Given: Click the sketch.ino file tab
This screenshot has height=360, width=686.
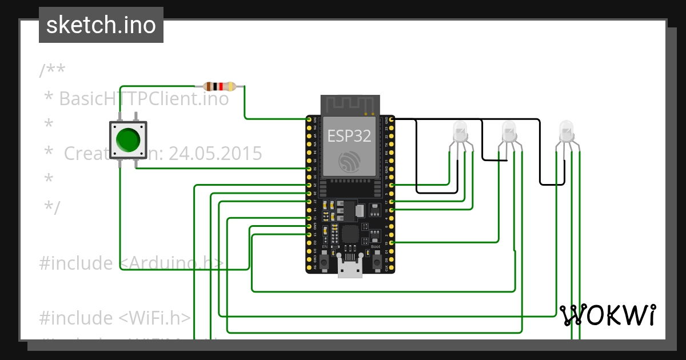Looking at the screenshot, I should coord(101,25).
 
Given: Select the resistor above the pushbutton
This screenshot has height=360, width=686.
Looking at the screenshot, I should coord(220,87).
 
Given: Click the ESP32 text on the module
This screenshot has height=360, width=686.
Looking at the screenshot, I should coord(349,136).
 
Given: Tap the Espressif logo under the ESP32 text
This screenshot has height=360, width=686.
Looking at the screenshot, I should coord(349,162).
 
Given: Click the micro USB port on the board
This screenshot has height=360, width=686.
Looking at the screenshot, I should coord(350,268).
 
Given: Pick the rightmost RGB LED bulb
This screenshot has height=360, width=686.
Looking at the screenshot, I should coord(565,132).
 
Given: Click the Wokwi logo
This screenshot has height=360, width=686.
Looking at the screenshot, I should coord(608,315).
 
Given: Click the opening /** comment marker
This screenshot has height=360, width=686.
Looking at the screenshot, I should coord(52,71).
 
